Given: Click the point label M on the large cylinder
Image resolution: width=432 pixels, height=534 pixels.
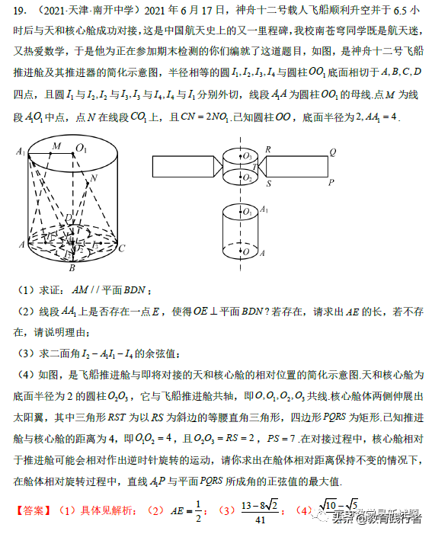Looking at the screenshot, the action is coord(56,145).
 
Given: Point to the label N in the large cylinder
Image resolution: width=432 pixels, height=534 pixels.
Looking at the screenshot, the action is coord(94,179).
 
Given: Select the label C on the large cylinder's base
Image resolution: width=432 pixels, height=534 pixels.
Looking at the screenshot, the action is coord(121,248).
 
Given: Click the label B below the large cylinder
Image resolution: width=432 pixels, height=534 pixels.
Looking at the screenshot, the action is coord(72,267).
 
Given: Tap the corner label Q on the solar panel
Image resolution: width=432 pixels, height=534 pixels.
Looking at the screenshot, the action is coord(332,152).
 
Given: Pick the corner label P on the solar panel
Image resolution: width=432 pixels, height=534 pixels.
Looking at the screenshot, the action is coord(331,183).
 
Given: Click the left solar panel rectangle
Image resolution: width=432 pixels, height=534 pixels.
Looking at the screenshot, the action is coord(181,167).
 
